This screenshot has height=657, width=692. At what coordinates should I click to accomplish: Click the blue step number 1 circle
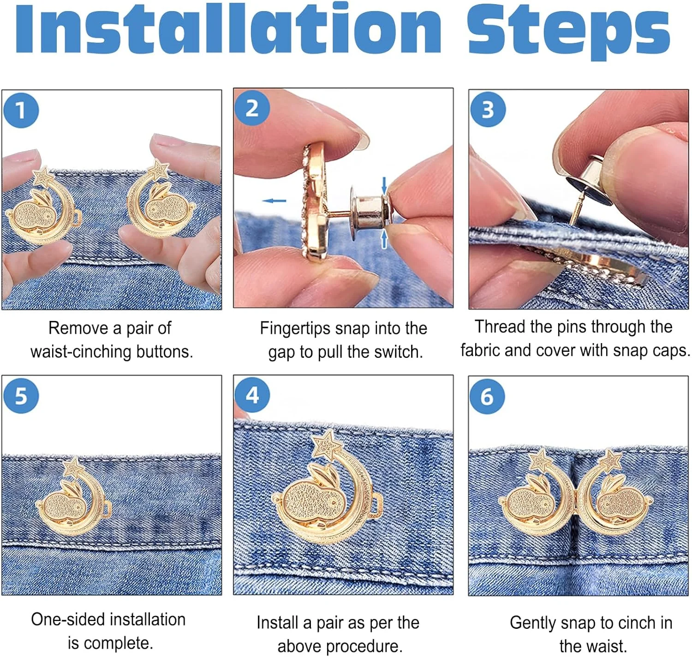[21, 110]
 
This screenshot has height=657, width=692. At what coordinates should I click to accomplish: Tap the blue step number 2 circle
[252, 108]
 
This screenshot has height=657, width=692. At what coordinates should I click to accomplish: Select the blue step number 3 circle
[488, 109]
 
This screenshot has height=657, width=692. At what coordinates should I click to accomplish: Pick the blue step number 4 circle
[252, 395]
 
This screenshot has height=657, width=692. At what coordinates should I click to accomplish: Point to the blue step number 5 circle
[21, 396]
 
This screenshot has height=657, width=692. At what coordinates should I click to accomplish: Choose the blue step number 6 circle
[487, 397]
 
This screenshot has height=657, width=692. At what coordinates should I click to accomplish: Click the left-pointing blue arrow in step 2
[274, 201]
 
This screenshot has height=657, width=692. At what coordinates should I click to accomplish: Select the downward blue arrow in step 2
[384, 185]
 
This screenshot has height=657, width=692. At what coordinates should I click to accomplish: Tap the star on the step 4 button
[327, 444]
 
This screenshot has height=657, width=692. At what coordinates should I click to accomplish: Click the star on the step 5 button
[73, 468]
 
